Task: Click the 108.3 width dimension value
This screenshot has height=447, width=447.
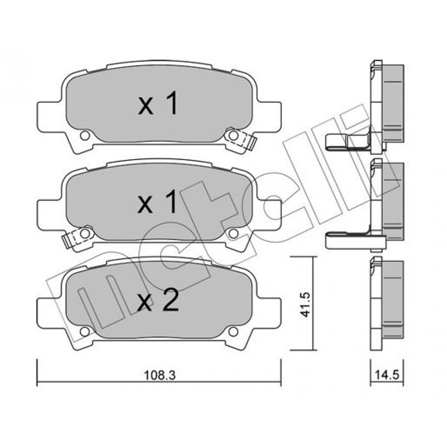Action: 160,375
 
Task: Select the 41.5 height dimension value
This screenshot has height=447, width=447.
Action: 305,304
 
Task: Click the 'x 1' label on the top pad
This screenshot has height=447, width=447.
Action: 158,104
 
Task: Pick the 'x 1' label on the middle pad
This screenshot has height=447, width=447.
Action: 157,202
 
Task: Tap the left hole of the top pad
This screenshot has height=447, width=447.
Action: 84,135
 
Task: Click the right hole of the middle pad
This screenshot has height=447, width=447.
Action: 233,234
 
